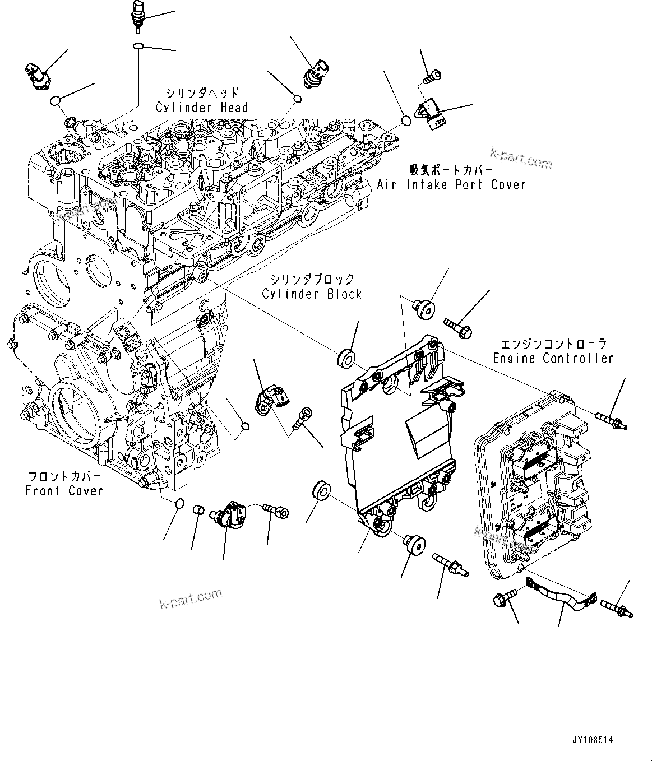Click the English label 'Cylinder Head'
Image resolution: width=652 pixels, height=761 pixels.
[202, 108]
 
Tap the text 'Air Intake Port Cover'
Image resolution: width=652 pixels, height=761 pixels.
[451, 184]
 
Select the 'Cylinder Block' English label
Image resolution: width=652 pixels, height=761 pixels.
[312, 294]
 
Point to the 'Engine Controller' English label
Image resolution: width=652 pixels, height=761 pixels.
[553, 358]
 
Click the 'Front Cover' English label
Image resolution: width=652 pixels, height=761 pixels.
[65, 491]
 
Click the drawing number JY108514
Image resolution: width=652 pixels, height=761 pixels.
[592, 740]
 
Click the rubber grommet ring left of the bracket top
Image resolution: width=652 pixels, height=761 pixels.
[346, 358]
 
